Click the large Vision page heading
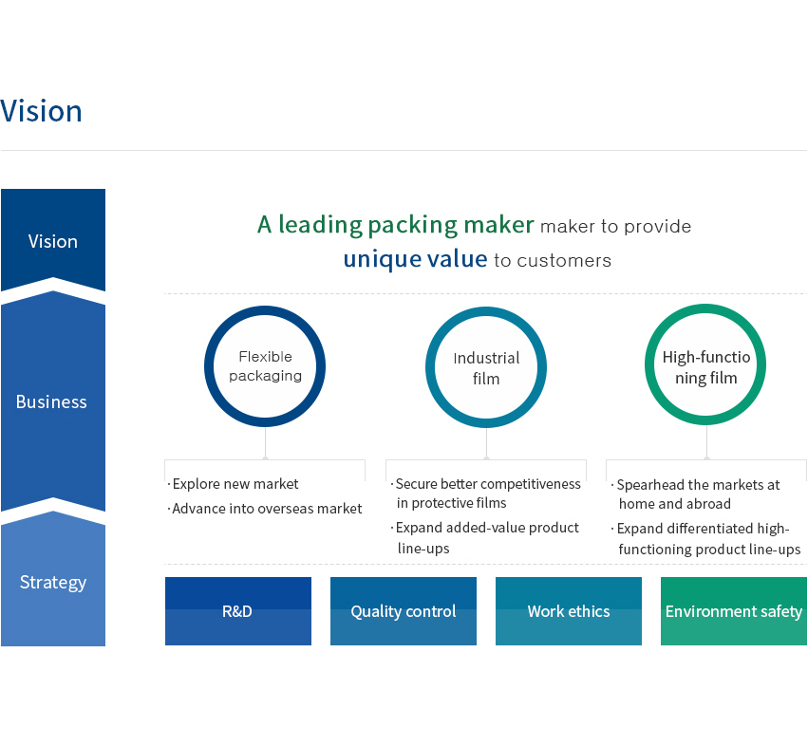(41, 111)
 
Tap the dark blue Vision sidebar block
(53, 239)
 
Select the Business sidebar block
(53, 401)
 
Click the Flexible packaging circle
(265, 309)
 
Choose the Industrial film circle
(486, 310)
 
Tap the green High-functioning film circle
(705, 308)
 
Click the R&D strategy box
(238, 611)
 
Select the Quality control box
(404, 611)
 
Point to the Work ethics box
(569, 611)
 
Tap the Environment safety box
(734, 611)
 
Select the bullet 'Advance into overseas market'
(264, 509)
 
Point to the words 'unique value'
(415, 258)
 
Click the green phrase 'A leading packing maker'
(396, 225)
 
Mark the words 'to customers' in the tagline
(553, 261)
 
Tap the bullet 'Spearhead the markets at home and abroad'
(696, 494)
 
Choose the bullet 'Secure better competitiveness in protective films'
(485, 493)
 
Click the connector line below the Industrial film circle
(486, 442)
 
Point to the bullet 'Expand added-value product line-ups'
(484, 538)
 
